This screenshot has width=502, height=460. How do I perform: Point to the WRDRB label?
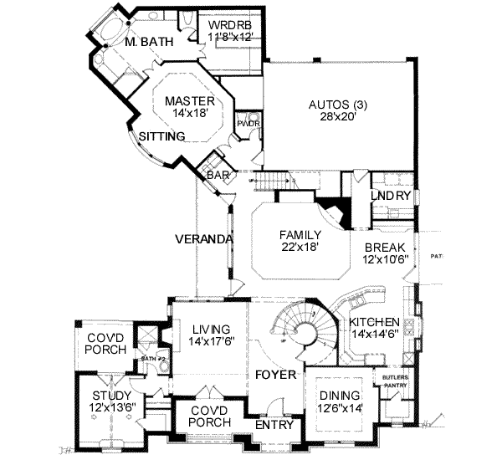[x=229, y=25]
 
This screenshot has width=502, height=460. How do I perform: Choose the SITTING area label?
[x=157, y=135]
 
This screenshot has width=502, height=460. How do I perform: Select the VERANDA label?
[x=202, y=239]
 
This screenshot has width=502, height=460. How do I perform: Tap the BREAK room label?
[x=386, y=248]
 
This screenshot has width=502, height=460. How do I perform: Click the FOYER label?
[x=276, y=375]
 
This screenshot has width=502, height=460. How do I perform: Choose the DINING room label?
[x=338, y=396]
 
